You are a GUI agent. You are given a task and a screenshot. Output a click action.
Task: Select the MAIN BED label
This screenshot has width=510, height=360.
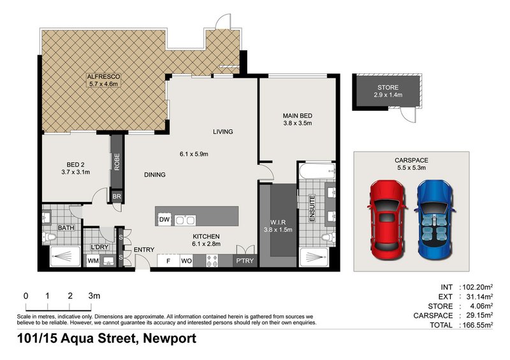pyautogui.click(x=297, y=119)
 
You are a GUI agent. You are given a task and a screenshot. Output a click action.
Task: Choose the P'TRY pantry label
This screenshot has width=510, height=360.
pyautogui.click(x=244, y=260)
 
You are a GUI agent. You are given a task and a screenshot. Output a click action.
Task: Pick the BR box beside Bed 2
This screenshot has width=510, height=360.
pyautogui.click(x=117, y=197)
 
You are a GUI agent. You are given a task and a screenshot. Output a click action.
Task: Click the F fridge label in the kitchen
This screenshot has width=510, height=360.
pyautogui.click(x=168, y=260)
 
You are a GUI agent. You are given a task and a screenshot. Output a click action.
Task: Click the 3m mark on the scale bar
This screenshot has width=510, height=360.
pyautogui.click(x=95, y=296)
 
